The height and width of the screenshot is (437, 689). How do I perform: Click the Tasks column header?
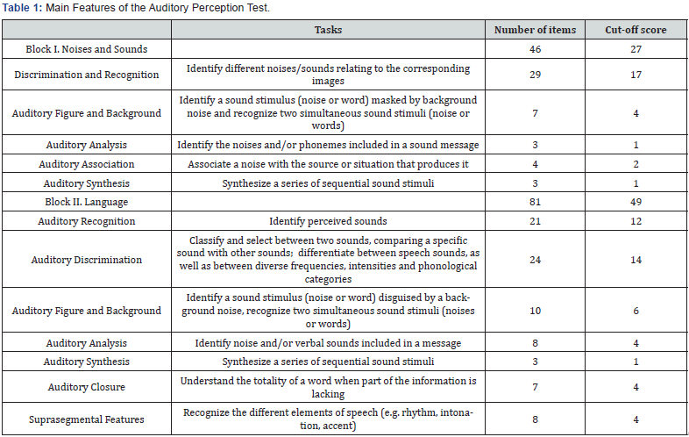(328, 30)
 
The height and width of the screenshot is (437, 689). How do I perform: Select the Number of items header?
(535, 30)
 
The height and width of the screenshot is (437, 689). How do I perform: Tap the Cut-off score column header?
(636, 30)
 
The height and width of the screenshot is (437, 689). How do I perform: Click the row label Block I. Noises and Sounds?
(86, 49)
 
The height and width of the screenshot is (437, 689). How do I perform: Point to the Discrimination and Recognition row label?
(86, 75)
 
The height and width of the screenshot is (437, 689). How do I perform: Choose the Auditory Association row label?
(86, 164)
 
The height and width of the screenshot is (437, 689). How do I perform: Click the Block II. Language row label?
(86, 202)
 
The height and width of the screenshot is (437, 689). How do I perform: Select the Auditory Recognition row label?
(86, 221)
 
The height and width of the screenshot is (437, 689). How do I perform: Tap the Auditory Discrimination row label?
(86, 260)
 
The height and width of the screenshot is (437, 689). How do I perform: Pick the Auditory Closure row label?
(86, 386)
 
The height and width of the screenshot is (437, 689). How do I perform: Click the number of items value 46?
(535, 49)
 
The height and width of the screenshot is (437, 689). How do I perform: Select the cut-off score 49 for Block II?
(636, 202)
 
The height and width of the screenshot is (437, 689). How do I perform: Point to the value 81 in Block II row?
(535, 202)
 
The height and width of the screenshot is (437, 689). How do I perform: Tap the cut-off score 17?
(636, 75)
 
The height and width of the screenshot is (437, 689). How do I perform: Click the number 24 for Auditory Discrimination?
(535, 260)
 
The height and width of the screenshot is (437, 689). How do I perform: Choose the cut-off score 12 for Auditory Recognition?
(636, 221)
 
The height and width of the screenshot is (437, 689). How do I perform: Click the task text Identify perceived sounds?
(328, 221)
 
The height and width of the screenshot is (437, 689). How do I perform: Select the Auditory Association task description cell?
(328, 164)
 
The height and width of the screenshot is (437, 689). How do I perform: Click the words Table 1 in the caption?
(19, 8)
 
